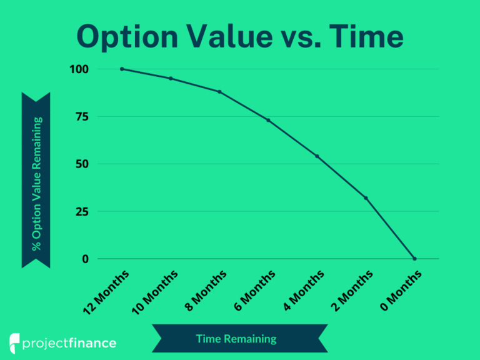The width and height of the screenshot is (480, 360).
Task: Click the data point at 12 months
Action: [x=122, y=69]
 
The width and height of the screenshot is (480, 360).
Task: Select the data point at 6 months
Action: [x=268, y=120]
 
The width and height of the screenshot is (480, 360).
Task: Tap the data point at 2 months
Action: [x=366, y=198]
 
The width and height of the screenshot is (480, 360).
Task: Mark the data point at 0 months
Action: [x=414, y=259]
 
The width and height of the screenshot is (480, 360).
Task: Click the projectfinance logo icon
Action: [x=15, y=343]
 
